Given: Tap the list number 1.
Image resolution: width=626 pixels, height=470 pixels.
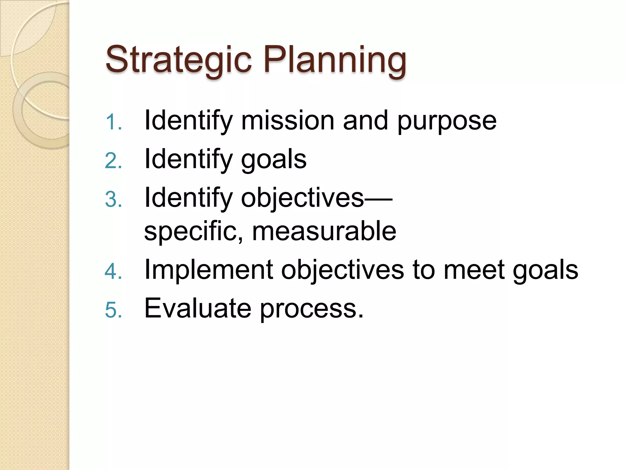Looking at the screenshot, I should pos(113,122).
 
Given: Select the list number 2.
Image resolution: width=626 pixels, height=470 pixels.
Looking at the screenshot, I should pos(113,161).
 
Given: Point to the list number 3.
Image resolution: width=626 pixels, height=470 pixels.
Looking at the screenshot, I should pos(113,200).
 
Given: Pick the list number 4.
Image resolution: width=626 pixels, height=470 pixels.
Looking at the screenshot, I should pos(113,271).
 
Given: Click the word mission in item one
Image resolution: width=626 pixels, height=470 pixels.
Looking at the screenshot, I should pos(288,121).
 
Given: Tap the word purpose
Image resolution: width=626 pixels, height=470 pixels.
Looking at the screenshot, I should pos(447,122).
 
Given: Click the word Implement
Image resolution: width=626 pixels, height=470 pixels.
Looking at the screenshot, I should pos(208,270).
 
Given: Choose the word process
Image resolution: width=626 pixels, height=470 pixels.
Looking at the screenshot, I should pos(311,310).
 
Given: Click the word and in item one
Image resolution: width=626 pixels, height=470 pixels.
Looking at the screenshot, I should pos(366,121).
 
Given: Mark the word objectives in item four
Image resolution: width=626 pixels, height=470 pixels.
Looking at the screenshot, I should pos(342,271).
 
